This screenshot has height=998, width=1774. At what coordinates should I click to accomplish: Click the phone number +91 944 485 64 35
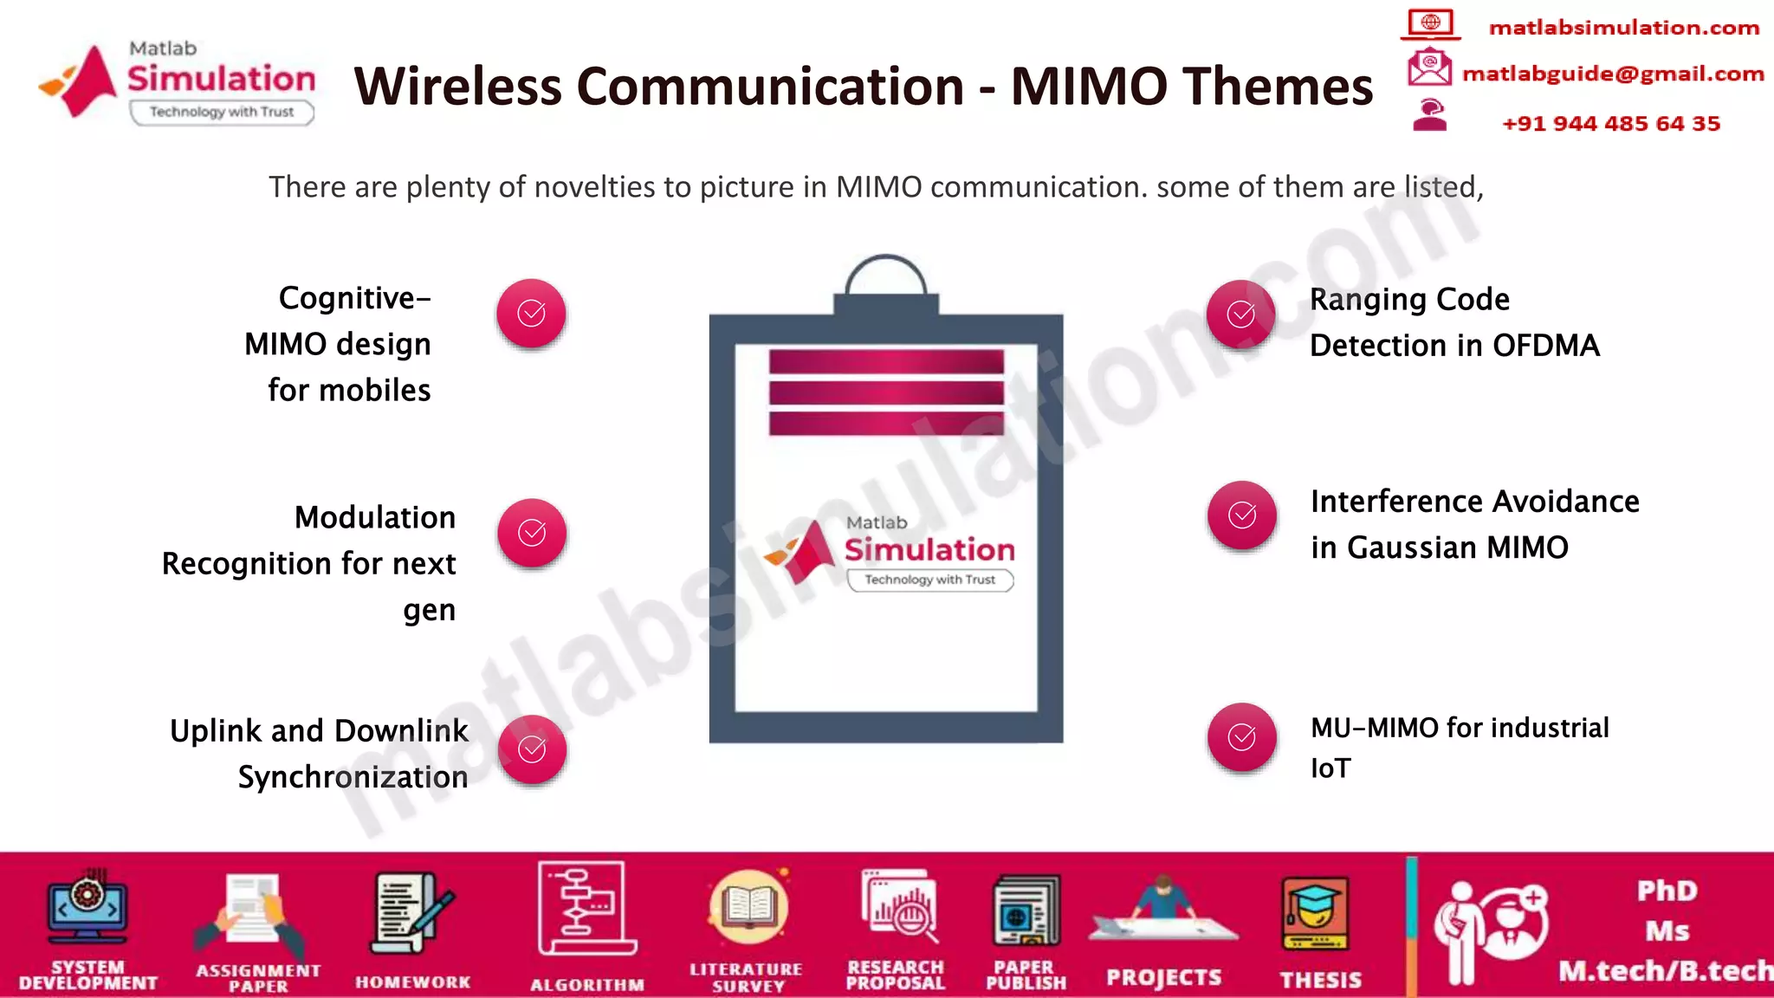(1610, 124)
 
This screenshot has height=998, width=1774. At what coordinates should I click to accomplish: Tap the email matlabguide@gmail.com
(1612, 75)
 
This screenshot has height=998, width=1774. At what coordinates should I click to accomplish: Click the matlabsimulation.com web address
(1623, 28)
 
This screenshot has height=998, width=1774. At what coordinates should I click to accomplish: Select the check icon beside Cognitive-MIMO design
(531, 314)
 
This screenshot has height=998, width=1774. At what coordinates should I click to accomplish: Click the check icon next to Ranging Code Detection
(1240, 314)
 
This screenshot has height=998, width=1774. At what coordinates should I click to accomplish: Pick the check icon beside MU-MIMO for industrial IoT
(1241, 737)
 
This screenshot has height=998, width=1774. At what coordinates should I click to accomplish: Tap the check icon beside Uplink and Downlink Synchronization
(532, 749)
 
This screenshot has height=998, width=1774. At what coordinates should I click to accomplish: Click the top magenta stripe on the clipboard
(885, 362)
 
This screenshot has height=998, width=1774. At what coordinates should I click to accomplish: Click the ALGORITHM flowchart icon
(586, 908)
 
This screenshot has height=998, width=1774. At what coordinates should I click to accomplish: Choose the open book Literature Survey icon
(748, 908)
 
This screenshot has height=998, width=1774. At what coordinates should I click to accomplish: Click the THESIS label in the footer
(1320, 980)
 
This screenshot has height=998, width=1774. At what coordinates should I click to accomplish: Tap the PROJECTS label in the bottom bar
(1163, 978)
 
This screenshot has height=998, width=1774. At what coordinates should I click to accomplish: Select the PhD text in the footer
(1666, 891)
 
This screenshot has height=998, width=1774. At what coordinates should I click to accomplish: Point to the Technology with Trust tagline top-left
(222, 112)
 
